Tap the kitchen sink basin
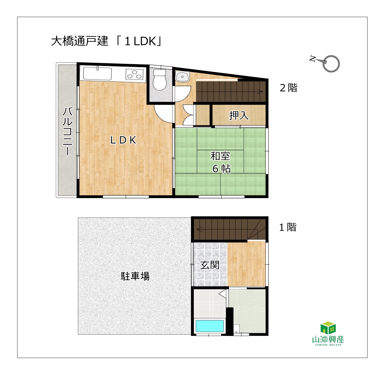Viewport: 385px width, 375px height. (97, 73)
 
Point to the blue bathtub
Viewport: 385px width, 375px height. (210, 326)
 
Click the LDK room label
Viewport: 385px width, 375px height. (123, 140)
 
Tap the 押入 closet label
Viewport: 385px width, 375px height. (238, 115)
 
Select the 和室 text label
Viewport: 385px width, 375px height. (220, 156)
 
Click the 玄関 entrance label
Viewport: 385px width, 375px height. (210, 265)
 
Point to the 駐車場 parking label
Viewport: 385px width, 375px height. (135, 276)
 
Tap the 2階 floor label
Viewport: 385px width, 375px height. (289, 87)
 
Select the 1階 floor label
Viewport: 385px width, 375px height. (288, 227)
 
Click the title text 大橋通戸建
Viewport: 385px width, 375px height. (79, 41)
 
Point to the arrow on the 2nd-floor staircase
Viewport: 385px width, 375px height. (260, 91)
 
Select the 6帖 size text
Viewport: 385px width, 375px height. (221, 169)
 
